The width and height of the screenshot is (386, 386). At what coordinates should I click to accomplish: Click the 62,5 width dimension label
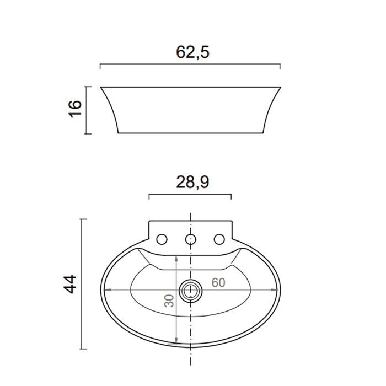point(192,52)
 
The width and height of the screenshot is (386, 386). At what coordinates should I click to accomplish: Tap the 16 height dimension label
point(75,109)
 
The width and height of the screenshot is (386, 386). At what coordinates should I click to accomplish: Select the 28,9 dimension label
point(192,182)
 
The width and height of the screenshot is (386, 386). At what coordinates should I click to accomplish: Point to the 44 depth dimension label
point(70,285)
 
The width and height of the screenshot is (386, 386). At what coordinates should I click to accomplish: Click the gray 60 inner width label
point(218,282)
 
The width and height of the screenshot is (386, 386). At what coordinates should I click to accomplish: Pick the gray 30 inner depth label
point(169,301)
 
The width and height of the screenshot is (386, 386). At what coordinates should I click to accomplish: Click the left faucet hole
point(162,239)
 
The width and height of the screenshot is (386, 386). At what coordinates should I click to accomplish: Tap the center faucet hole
point(191,239)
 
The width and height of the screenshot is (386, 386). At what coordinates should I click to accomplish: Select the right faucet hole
point(219,239)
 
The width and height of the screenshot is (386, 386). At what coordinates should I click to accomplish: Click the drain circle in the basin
point(191,291)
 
